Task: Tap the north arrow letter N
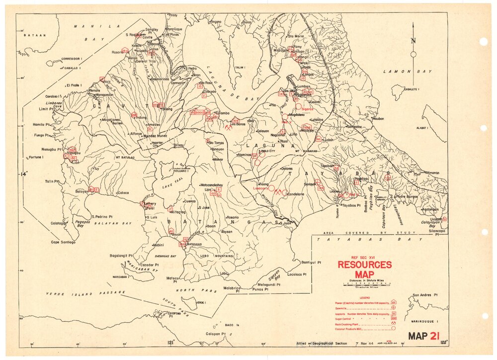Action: click(413, 42)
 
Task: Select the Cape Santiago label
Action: click(63, 242)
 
